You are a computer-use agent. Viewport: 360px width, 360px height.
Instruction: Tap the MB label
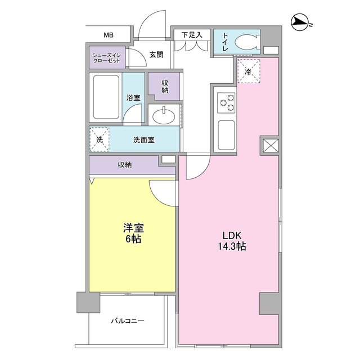click(108, 35)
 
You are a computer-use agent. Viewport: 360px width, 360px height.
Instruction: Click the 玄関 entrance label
click(156, 55)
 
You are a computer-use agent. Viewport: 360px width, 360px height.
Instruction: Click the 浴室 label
click(133, 96)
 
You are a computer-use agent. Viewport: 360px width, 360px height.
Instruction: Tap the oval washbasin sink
click(164, 116)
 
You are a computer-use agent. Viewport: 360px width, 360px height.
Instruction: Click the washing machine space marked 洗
click(100, 140)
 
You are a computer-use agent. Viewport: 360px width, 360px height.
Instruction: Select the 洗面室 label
click(144, 140)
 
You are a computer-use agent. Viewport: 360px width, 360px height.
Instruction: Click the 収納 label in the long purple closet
click(124, 165)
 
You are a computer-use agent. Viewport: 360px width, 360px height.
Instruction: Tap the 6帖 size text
click(133, 239)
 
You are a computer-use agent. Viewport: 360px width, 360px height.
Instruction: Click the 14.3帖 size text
click(231, 246)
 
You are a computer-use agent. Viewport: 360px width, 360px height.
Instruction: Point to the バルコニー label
click(127, 321)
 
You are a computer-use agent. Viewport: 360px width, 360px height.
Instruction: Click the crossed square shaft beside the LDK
click(269, 146)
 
